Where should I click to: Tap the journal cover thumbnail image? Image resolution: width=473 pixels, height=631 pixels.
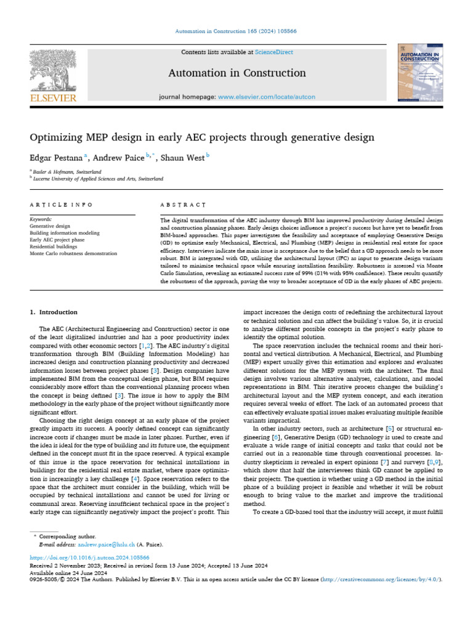419,72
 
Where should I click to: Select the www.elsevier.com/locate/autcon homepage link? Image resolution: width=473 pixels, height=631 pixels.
266,97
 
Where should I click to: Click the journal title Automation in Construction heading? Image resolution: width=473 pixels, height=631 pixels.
237,73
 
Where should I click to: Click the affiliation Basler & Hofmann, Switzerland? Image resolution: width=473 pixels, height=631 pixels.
68,172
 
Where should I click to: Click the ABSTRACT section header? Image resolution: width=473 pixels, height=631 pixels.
183,205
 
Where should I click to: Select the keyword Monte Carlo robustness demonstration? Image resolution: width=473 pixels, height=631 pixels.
73,253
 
